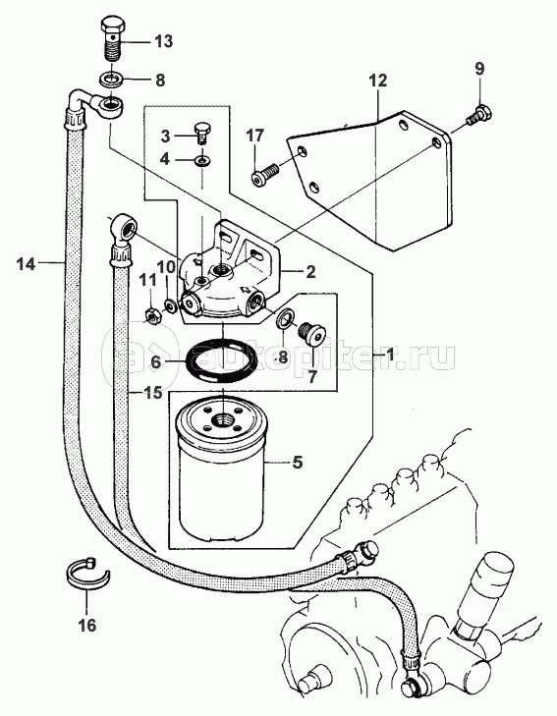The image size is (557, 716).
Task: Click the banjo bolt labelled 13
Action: click(111, 39)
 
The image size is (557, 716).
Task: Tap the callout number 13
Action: click(163, 41)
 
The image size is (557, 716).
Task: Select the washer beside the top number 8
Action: click(111, 79)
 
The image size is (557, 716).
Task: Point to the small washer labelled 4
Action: click(201, 160)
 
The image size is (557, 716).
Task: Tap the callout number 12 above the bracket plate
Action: click(378, 81)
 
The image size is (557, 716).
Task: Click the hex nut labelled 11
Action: click(151, 316)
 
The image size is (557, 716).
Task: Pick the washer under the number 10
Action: click(171, 304)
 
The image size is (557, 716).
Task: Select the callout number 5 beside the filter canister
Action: click(297, 463)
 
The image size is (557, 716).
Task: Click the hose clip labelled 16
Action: click(86, 572)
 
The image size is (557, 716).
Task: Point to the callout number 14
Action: click(26, 263)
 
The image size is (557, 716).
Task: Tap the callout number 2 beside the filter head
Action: click(310, 272)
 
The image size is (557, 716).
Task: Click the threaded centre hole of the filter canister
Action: click(222, 417)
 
